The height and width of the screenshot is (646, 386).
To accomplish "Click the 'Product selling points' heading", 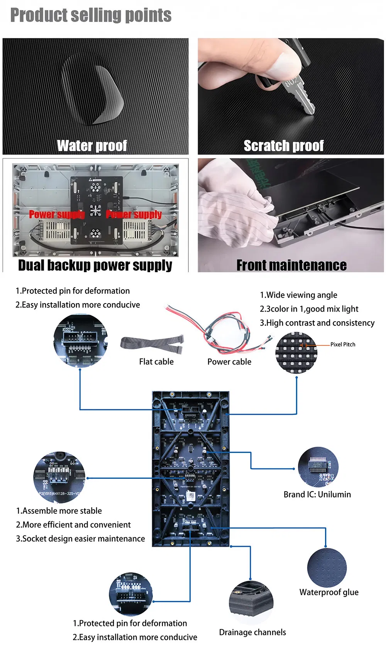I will (91, 15).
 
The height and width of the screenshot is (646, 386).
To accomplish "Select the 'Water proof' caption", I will (92, 146).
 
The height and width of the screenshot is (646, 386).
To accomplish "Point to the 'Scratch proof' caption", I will (284, 146).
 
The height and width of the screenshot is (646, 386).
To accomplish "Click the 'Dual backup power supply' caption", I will (95, 265).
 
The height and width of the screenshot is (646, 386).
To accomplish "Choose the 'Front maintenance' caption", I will (291, 265).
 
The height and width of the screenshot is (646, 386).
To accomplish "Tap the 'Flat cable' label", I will (156, 362).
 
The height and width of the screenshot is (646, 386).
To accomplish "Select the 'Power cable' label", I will (229, 362).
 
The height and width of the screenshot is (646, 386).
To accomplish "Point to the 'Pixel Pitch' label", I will (343, 344).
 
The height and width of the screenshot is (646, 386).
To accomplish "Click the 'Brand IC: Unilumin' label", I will (317, 495).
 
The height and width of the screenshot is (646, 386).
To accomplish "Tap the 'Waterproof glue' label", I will (329, 592).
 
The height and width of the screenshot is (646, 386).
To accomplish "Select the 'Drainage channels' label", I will (252, 632).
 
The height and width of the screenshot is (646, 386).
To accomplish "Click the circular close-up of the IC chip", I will (318, 467).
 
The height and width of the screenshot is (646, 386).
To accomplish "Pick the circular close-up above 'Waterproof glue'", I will (327, 568).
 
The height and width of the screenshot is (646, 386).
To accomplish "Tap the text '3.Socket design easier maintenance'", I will (80, 539).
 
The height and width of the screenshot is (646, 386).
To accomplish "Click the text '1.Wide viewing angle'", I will (298, 295).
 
